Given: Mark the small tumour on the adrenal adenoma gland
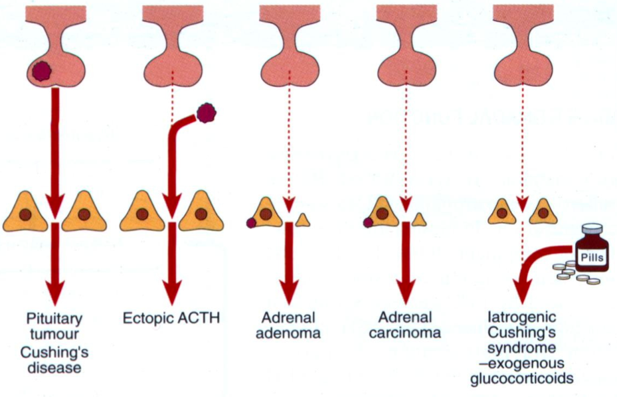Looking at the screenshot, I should pyautogui.click(x=251, y=223).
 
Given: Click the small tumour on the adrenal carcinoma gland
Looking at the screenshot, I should pyautogui.click(x=368, y=222).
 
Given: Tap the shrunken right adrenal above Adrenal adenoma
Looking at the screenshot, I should pyautogui.click(x=302, y=220).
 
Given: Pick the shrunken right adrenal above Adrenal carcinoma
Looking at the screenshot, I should pyautogui.click(x=418, y=220).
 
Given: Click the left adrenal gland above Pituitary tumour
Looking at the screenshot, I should pyautogui.click(x=26, y=212).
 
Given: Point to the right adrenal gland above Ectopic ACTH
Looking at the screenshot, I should pyautogui.click(x=201, y=212).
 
